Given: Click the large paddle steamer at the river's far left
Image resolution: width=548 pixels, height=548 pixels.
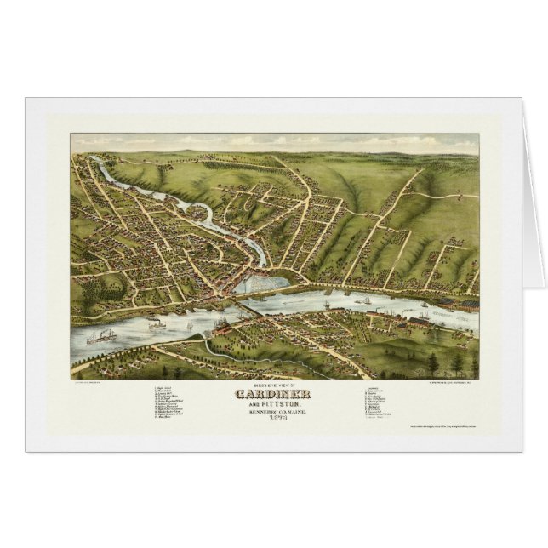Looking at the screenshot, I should [99, 336].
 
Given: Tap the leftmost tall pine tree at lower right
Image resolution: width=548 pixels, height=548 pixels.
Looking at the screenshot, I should [432, 362].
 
